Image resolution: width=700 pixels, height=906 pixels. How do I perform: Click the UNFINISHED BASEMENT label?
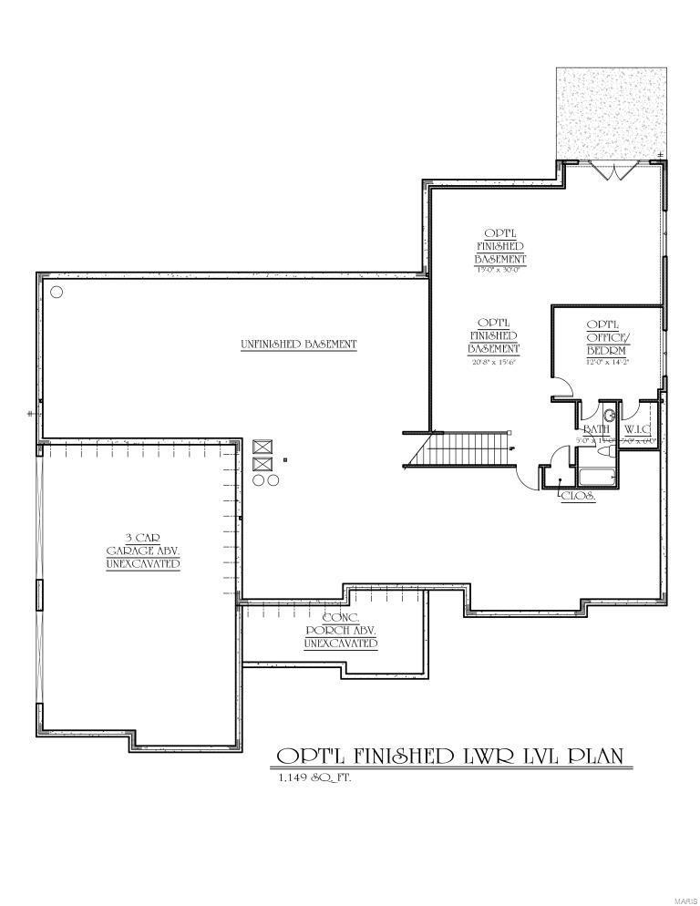click(x=298, y=345)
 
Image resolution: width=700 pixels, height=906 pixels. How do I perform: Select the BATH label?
click(x=596, y=428)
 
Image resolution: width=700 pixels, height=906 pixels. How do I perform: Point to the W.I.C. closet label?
click(x=637, y=428)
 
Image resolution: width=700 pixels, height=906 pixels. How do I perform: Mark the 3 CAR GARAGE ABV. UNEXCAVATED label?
click(x=142, y=551)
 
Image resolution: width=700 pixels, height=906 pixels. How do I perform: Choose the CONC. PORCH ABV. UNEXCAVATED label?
click(x=340, y=631)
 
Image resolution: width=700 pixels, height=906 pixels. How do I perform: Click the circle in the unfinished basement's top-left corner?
click(x=57, y=292)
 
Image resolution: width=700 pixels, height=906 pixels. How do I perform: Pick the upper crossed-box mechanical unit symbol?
click(x=263, y=447)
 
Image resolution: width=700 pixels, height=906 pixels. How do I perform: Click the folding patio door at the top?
click(x=609, y=170)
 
